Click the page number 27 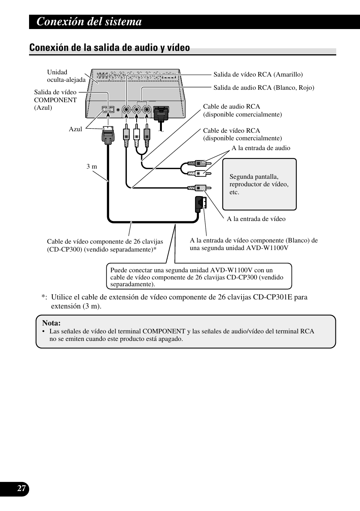coord(22,488)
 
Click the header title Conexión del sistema coord(89,22)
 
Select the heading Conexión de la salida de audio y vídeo coord(109,48)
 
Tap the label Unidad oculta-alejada coord(66,76)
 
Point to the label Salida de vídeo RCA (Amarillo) coord(258,75)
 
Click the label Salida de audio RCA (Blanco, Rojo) coord(264,87)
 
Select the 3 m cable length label coord(92,166)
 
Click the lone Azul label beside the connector coord(75,129)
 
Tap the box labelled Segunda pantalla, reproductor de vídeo coord(259,184)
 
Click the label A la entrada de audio coord(261,148)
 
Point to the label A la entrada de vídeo coord(256,219)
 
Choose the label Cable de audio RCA coord(231,107)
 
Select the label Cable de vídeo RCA coord(231,130)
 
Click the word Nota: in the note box coord(51,323)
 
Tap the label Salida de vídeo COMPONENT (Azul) coord(55,100)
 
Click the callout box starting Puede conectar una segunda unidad coord(199,276)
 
